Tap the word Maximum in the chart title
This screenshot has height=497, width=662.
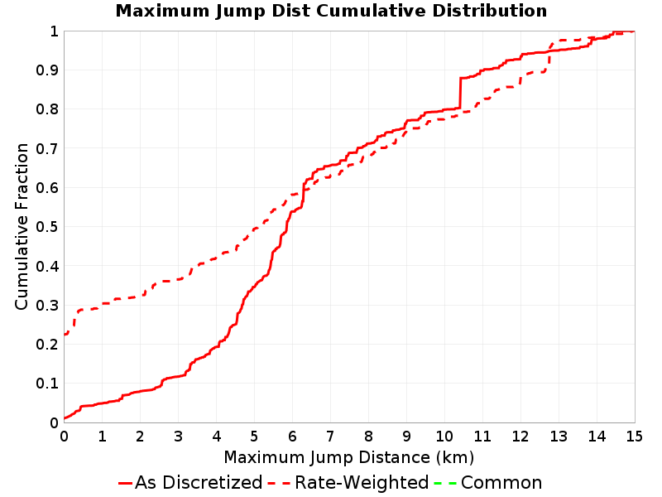[x=162, y=11]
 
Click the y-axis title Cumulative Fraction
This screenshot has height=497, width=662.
[x=22, y=226]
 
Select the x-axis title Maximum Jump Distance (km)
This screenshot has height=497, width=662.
[x=349, y=458]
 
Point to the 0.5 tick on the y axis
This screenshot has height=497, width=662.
[x=47, y=226]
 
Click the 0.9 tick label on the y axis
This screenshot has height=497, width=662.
[x=47, y=70]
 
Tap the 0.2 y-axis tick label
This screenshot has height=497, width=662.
[x=47, y=344]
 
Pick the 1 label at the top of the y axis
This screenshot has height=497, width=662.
[x=54, y=31]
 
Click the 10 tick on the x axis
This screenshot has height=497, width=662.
[x=444, y=436]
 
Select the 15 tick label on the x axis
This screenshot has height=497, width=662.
[x=634, y=436]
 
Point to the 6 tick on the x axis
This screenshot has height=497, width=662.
[x=292, y=436]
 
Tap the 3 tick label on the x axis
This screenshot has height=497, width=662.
[x=178, y=436]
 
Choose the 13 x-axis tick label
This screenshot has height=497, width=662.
[x=558, y=436]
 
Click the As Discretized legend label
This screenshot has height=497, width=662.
[x=199, y=483]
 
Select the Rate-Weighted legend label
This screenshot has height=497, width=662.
[x=362, y=483]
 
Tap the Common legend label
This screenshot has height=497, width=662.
[x=501, y=483]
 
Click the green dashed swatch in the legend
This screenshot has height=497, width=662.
[x=445, y=483]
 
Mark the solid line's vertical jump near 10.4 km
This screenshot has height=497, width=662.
[x=460, y=93]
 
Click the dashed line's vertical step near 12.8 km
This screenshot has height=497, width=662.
[x=549, y=58]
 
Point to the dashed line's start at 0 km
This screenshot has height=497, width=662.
[x=65, y=335]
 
